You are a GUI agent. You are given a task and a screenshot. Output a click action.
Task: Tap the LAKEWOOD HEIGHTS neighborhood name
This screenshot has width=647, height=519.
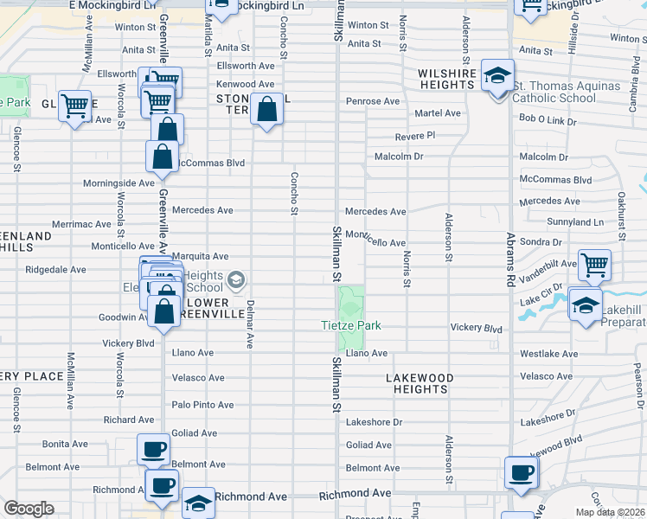click(x=419, y=383)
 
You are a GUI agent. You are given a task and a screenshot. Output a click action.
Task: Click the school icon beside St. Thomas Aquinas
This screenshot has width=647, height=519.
click(x=497, y=77)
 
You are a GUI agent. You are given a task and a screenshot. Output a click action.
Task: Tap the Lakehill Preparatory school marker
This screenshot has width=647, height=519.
click(x=586, y=307)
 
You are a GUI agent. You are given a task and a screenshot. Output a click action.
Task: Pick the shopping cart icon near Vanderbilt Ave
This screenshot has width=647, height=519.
click(x=594, y=265)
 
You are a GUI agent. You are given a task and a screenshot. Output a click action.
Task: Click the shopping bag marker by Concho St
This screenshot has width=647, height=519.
click(x=267, y=110)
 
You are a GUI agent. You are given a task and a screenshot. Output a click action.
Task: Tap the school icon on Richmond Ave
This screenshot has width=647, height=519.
click(x=198, y=504)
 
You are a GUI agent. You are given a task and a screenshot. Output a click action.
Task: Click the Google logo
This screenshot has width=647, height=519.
click(x=29, y=509)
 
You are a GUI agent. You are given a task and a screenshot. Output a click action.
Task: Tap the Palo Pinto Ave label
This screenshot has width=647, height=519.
click(x=202, y=404)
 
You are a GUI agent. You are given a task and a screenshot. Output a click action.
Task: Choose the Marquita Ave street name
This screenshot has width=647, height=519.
click(x=200, y=256)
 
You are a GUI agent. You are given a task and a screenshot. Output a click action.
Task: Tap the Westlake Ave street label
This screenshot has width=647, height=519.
click(x=548, y=354)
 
